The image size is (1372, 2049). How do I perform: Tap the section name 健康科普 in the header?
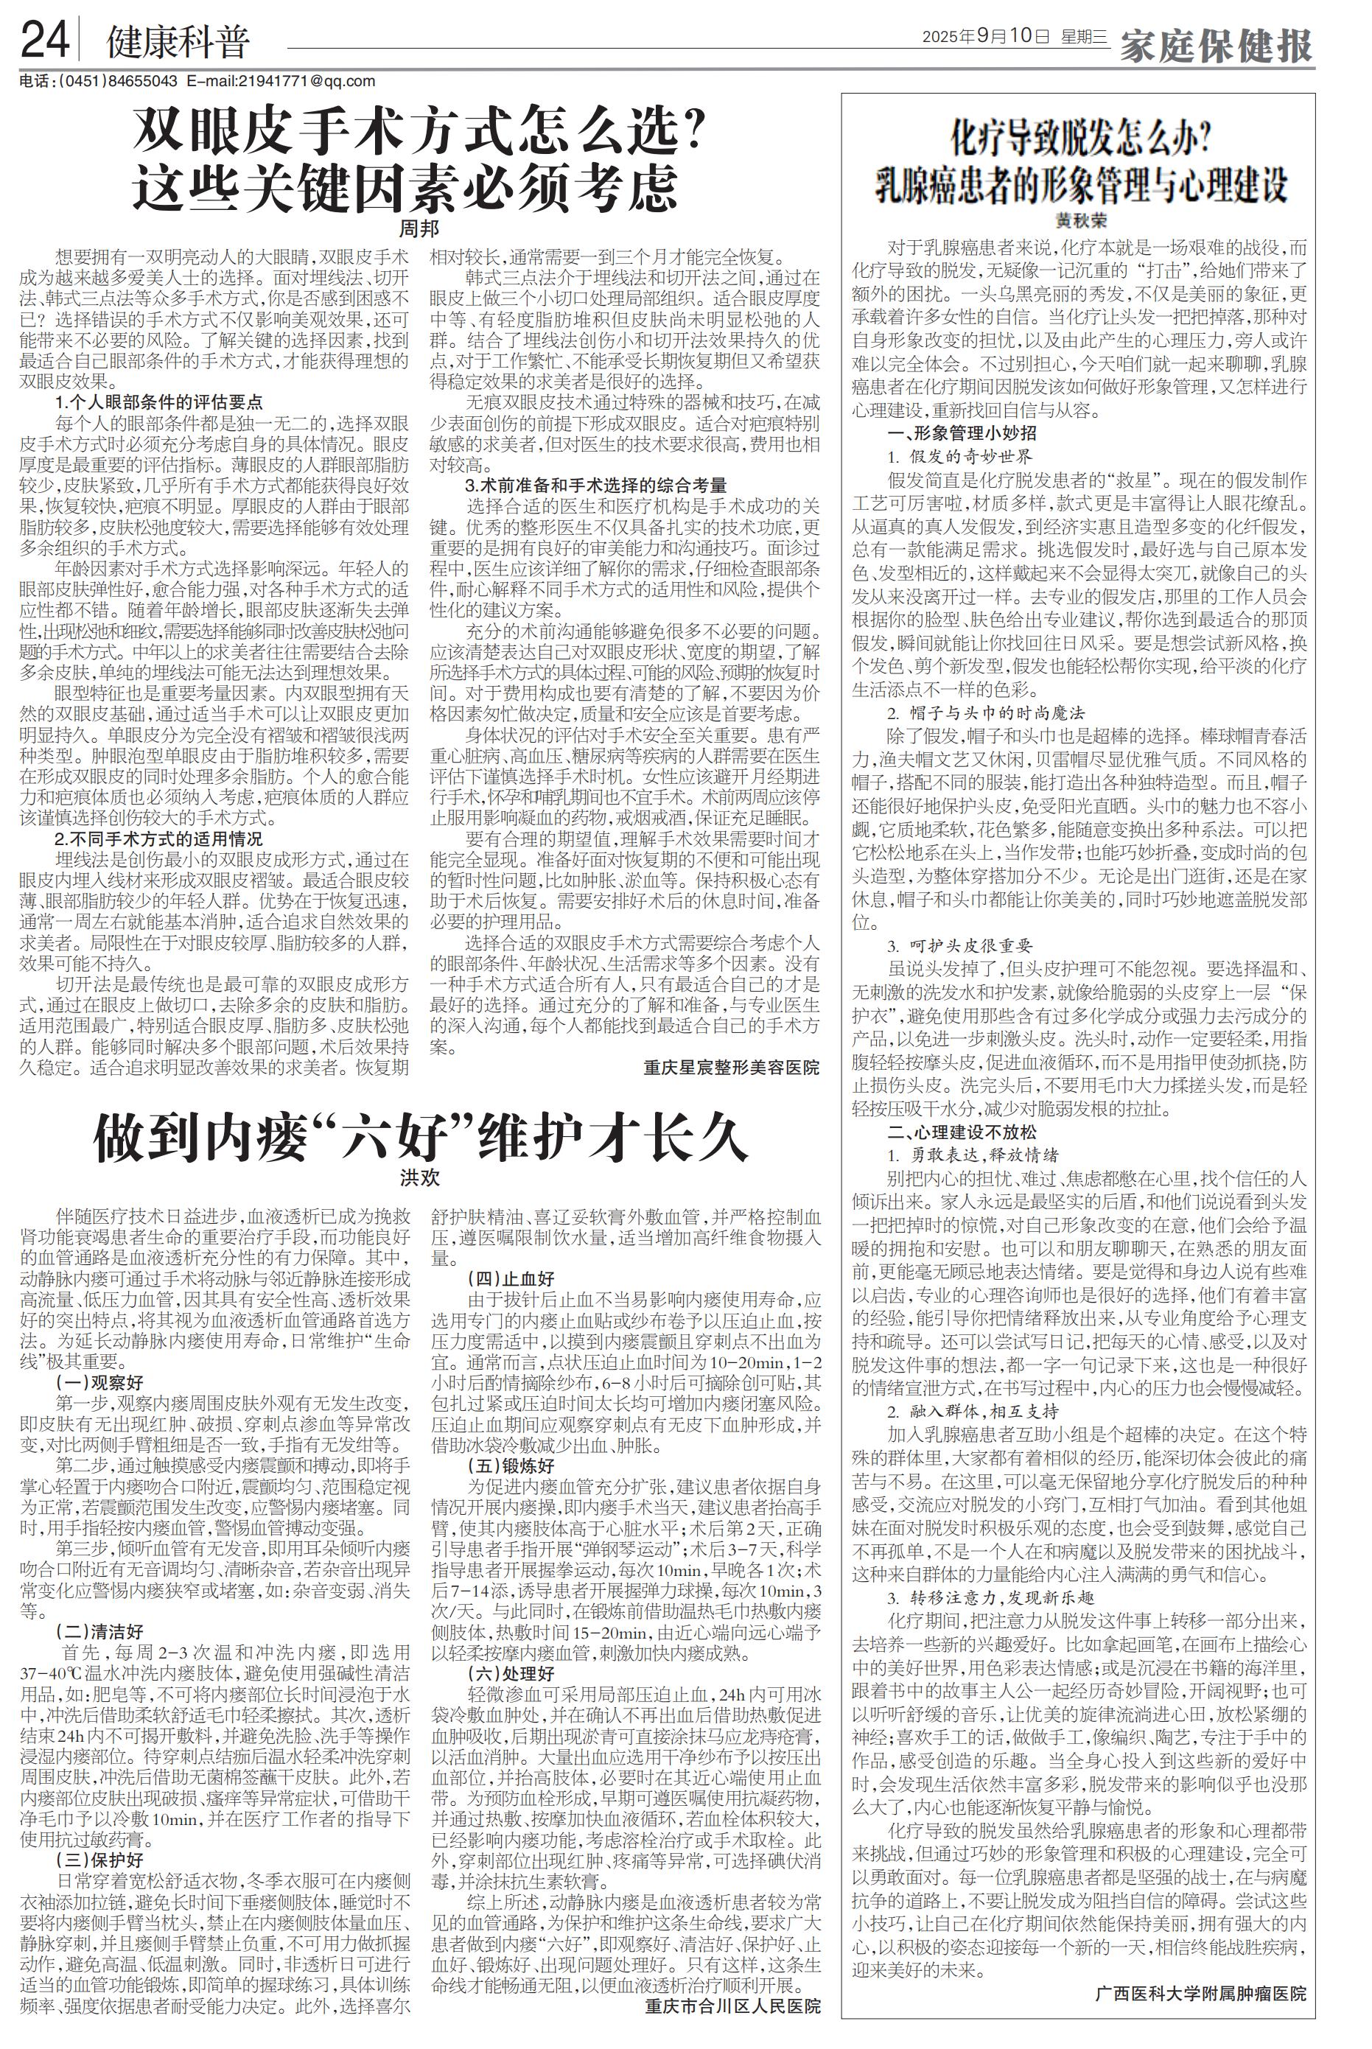click(x=178, y=42)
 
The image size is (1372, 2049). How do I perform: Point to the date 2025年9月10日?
click(x=984, y=37)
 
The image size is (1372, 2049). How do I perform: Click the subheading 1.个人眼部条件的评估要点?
click(x=158, y=402)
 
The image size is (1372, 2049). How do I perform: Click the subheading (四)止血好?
click(x=511, y=1279)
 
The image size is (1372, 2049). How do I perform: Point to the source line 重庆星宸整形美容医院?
click(x=732, y=1068)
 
